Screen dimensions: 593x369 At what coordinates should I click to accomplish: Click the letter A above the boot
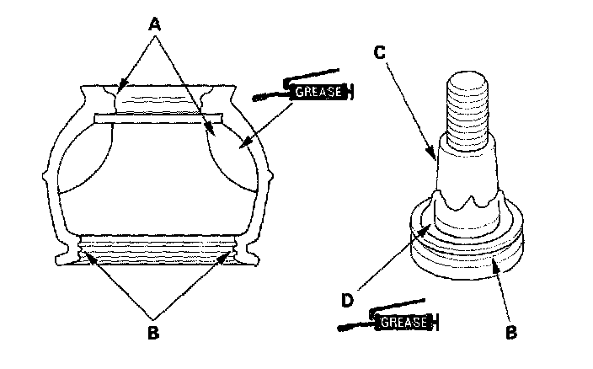(154, 25)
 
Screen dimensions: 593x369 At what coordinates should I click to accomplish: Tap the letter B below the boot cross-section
(152, 332)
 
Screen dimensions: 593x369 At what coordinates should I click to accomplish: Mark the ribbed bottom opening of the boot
(154, 251)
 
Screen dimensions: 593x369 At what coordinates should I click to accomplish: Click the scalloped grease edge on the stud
(466, 202)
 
